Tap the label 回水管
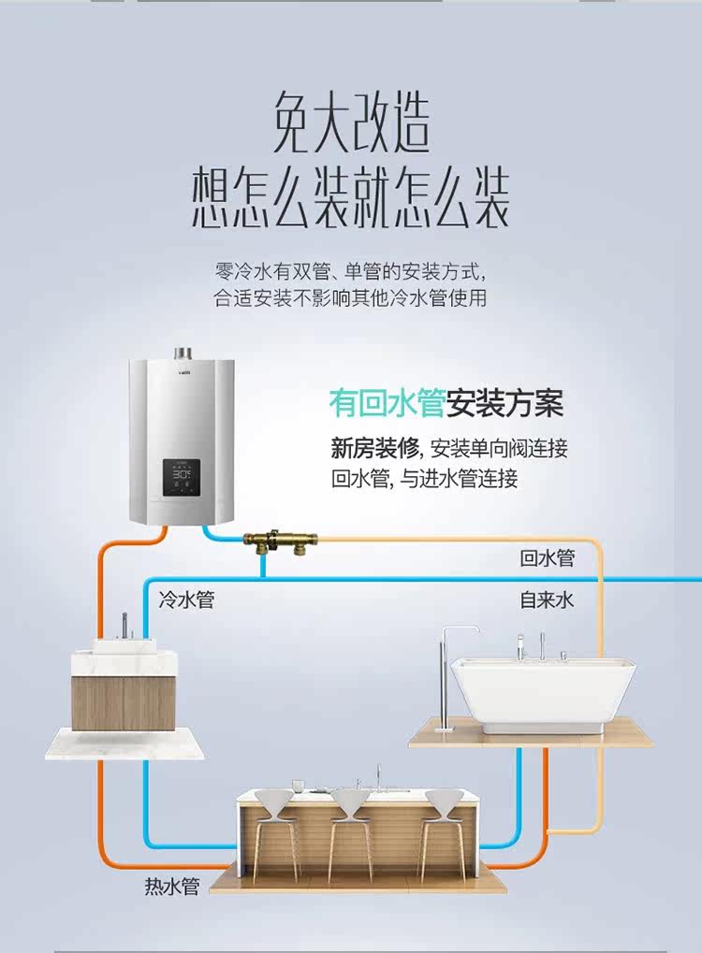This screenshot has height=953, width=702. (548, 559)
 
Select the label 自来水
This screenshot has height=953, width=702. (548, 600)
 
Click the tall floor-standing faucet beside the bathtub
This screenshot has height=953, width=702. (445, 673)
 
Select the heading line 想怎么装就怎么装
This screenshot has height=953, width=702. (351, 199)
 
